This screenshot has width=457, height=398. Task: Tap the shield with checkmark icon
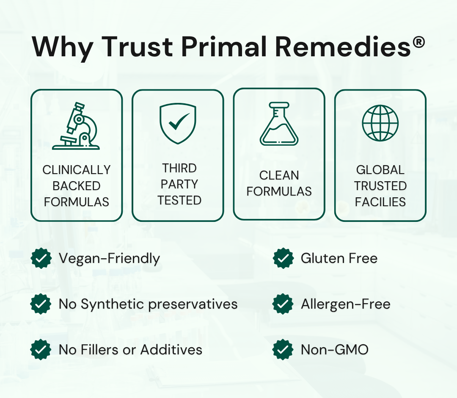click(178, 123)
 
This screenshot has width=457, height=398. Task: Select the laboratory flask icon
click(279, 124)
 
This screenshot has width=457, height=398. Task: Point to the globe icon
click(380, 123)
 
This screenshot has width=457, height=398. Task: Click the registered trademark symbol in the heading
click(418, 43)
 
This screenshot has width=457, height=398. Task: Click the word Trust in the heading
click(137, 47)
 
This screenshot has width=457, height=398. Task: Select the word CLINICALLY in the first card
click(76, 170)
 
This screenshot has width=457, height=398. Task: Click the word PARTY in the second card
click(179, 184)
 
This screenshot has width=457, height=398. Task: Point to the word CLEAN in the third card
click(279, 175)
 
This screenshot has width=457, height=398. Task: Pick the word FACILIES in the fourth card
click(380, 202)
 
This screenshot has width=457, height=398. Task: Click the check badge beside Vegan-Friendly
click(41, 258)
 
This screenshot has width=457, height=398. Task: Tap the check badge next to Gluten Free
click(283, 258)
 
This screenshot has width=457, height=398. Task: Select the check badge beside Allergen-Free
click(283, 304)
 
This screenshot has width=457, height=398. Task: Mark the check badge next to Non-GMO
click(283, 349)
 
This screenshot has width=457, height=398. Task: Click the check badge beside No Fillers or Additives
click(41, 349)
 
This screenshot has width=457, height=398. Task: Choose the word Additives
click(171, 349)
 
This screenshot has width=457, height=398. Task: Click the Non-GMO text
click(335, 350)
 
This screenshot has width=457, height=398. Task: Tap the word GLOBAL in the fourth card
click(380, 170)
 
